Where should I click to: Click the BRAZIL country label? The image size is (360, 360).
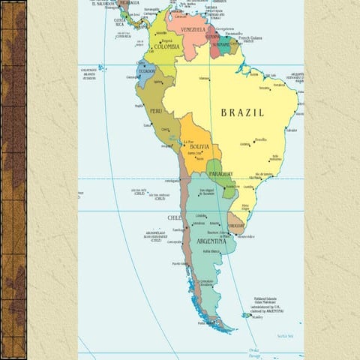(242, 112)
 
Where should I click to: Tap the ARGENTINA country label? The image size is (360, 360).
(211, 241)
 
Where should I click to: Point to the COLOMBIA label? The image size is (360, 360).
(166, 46)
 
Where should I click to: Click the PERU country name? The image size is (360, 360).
(156, 110)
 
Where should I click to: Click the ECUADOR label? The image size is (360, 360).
(146, 72)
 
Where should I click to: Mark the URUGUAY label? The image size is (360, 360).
(236, 226)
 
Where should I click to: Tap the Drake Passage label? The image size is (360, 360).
(253, 352)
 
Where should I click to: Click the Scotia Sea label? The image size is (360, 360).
(286, 336)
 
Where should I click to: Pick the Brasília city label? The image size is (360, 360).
(260, 139)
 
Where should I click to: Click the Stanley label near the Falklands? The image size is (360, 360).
(258, 317)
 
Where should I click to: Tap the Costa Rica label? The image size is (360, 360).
(119, 22)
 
